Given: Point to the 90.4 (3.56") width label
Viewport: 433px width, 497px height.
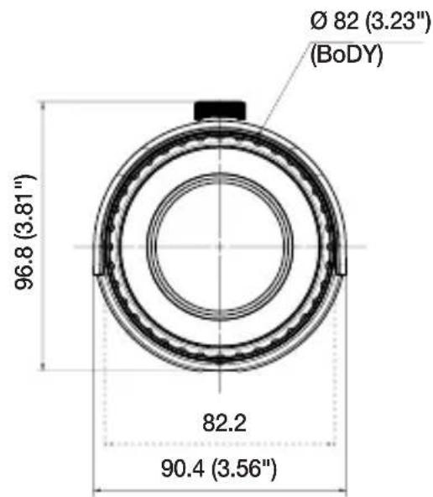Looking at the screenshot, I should point(220,468).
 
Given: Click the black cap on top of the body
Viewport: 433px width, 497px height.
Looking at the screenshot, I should point(220,110).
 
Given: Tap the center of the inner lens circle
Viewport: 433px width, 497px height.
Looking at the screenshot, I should point(220,245).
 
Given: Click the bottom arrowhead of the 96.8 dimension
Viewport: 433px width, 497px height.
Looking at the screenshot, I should point(42,366).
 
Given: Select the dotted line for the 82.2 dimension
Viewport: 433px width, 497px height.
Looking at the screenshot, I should point(151,442).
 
